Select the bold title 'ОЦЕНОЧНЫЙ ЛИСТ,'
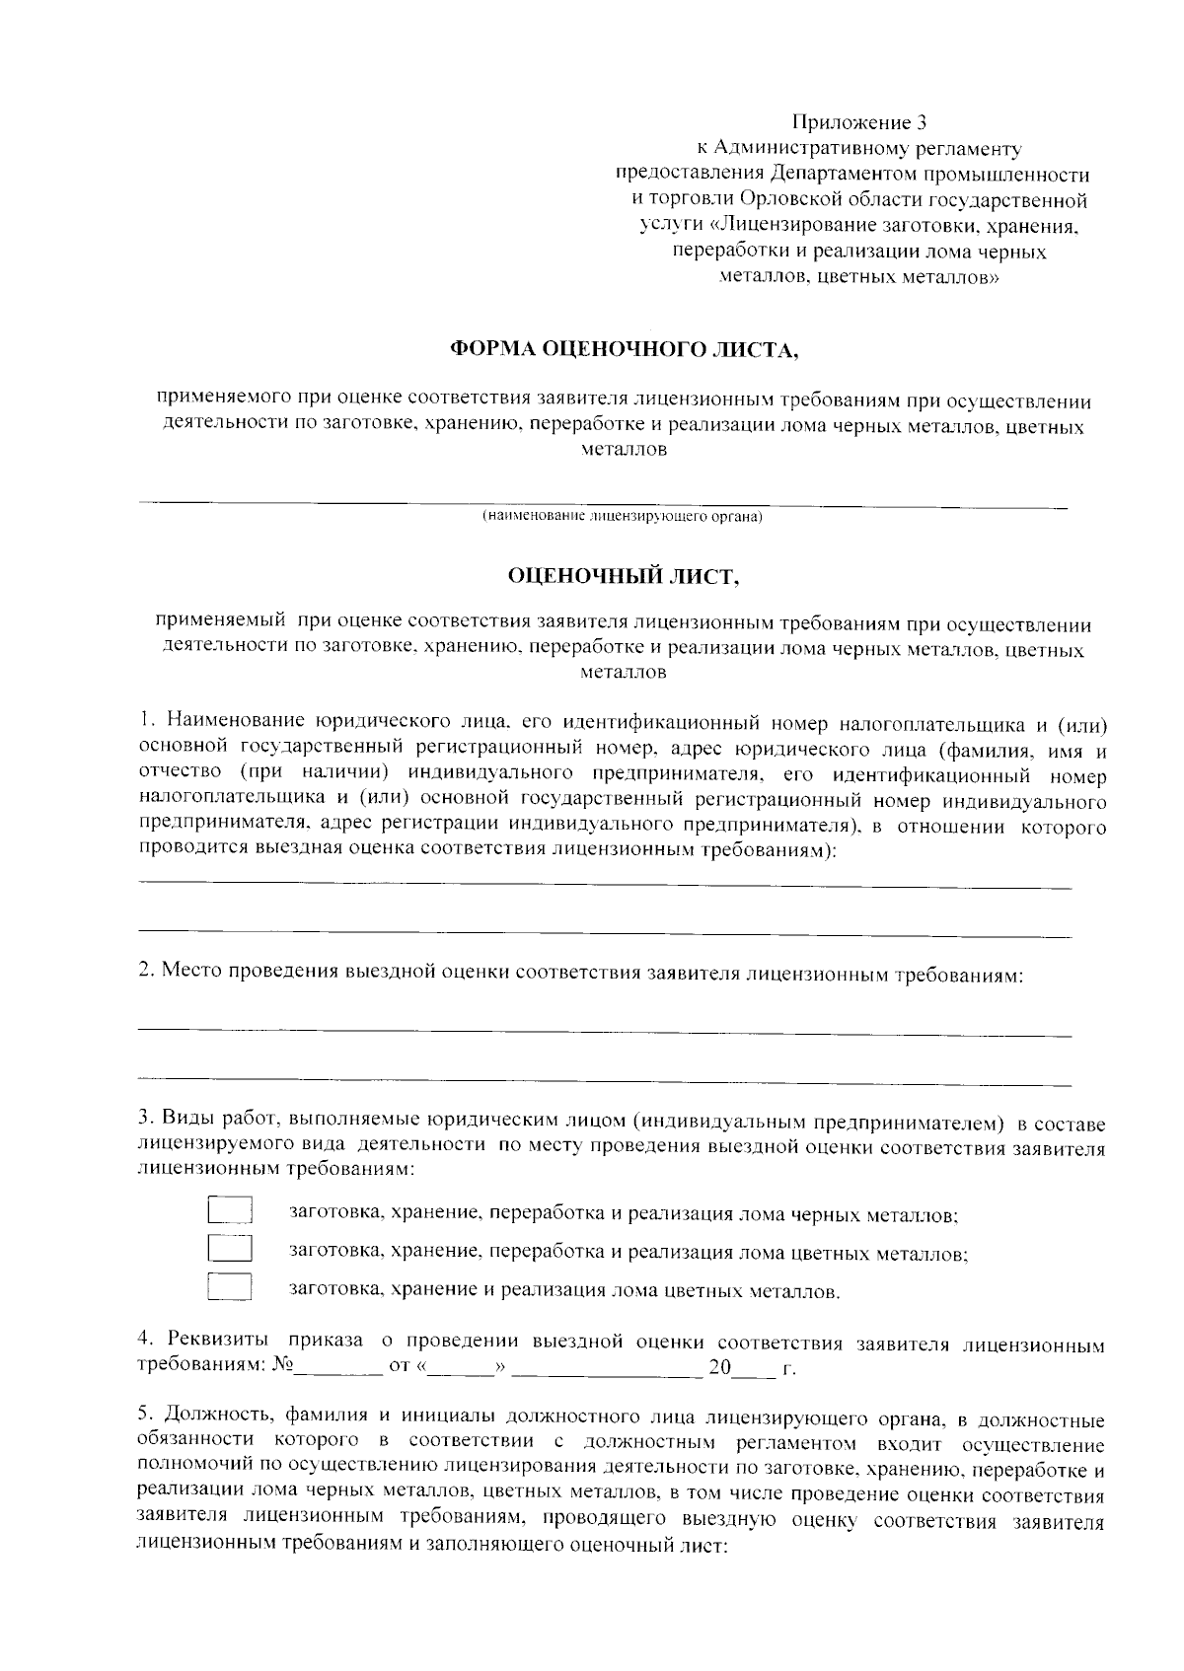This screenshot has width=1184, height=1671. tap(623, 576)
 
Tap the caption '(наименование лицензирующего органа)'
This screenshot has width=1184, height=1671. tap(623, 516)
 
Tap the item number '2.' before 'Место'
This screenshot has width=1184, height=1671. tap(146, 975)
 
